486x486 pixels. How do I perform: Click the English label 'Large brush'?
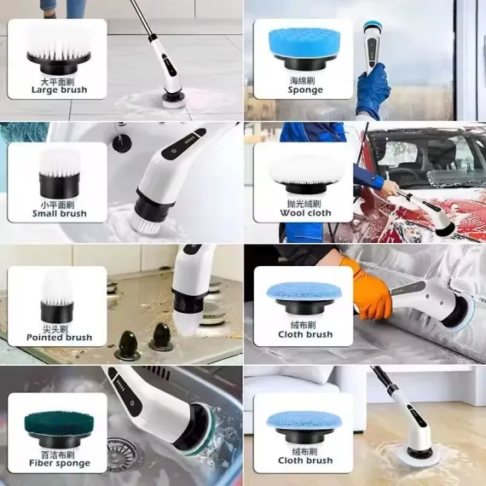coord(59,89)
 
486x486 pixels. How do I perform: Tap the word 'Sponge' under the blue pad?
coord(305,90)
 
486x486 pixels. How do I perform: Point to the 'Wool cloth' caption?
coord(304,213)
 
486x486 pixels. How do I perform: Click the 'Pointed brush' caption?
coord(59,337)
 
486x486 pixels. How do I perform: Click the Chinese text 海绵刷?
coord(305,80)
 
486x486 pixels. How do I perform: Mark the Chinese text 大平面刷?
coord(59,79)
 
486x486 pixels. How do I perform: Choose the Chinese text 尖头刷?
coord(59,327)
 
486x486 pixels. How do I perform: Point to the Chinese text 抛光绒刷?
coord(304,204)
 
